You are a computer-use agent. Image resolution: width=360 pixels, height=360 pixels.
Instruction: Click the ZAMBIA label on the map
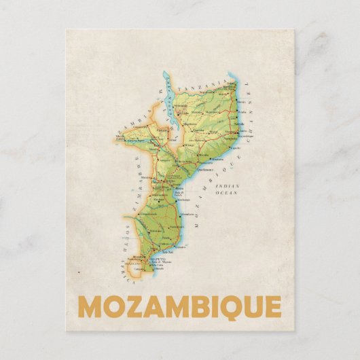tap(127, 126)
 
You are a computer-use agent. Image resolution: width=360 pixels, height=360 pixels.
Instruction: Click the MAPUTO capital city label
tap(145, 255)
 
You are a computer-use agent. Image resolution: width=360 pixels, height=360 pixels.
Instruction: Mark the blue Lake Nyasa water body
tap(168, 102)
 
